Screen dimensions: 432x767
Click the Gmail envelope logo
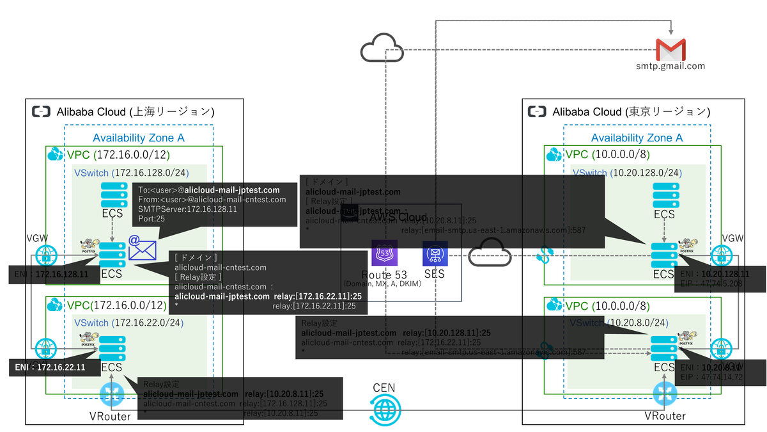670,49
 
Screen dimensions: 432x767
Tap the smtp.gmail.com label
670,65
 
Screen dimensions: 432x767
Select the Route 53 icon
384,253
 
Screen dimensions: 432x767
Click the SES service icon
435,253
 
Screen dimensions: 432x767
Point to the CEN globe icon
385,410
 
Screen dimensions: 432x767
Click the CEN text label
385,388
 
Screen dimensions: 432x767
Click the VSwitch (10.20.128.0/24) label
628,173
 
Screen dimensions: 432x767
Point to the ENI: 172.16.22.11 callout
47,367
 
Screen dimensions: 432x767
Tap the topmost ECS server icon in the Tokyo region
665,195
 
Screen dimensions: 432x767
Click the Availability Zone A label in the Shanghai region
139,138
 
